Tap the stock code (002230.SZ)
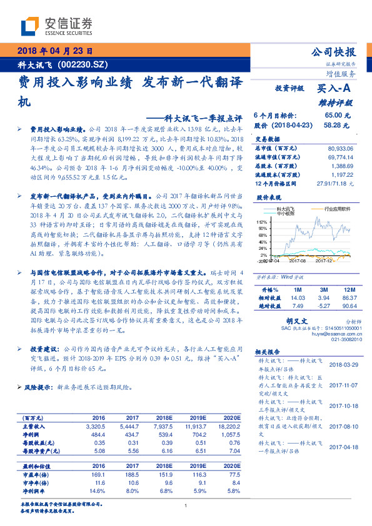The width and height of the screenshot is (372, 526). point(84,64)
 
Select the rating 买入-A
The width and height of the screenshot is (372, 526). point(334,89)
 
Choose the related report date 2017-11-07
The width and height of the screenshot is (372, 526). point(343,385)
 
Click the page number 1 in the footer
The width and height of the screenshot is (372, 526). point(186,507)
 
